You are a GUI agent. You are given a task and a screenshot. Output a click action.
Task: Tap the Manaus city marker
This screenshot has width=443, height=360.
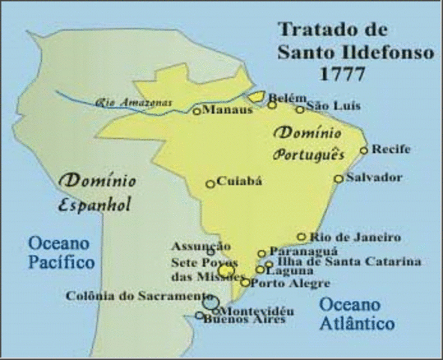[x=197, y=111]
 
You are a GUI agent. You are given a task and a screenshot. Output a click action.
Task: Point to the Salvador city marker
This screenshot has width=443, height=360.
[x=339, y=178]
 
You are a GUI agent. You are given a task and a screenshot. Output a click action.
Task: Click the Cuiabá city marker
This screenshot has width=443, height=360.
[x=211, y=184]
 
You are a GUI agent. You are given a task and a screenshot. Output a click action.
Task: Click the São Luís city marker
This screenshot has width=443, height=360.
[x=300, y=109]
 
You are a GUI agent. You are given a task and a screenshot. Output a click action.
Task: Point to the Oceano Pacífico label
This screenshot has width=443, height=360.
[x=61, y=253]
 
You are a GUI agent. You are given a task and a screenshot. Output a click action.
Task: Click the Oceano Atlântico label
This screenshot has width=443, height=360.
[x=357, y=314]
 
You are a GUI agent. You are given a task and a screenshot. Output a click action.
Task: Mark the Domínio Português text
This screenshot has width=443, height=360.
[x=309, y=144]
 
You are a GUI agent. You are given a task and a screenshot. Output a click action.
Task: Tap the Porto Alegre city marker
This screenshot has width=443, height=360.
[x=245, y=283]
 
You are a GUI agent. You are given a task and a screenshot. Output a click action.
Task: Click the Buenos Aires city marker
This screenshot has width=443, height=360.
[x=199, y=315]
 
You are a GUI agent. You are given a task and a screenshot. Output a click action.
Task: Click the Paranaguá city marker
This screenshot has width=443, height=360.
[x=262, y=253]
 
